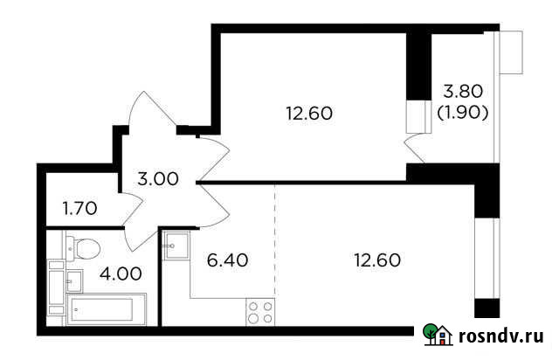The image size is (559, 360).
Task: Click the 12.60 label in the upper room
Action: [x=310, y=113]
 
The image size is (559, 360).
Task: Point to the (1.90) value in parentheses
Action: [x=463, y=113]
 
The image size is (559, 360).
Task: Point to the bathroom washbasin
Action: [x=72, y=280]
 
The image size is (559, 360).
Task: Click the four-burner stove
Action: [x=259, y=313]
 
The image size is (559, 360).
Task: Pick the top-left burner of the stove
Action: [x=253, y=307]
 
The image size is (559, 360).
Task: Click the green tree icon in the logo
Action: [x=431, y=333]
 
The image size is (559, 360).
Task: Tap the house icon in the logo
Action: [x=443, y=336]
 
